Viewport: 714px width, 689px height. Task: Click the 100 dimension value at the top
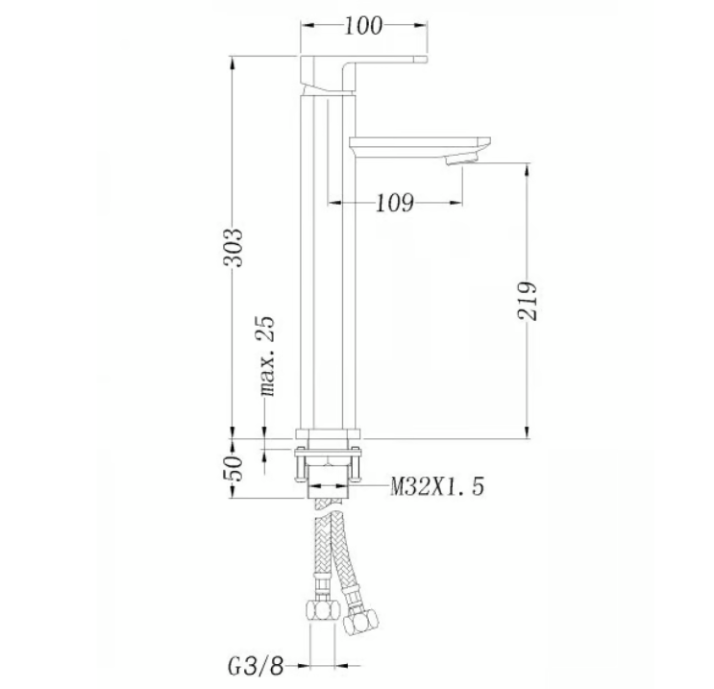coord(363,26)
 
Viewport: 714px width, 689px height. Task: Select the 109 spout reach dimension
coord(394,203)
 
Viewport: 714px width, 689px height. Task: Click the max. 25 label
coord(267,357)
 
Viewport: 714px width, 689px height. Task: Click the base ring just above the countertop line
coord(329,432)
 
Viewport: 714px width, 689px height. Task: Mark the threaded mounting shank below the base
coord(330,476)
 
